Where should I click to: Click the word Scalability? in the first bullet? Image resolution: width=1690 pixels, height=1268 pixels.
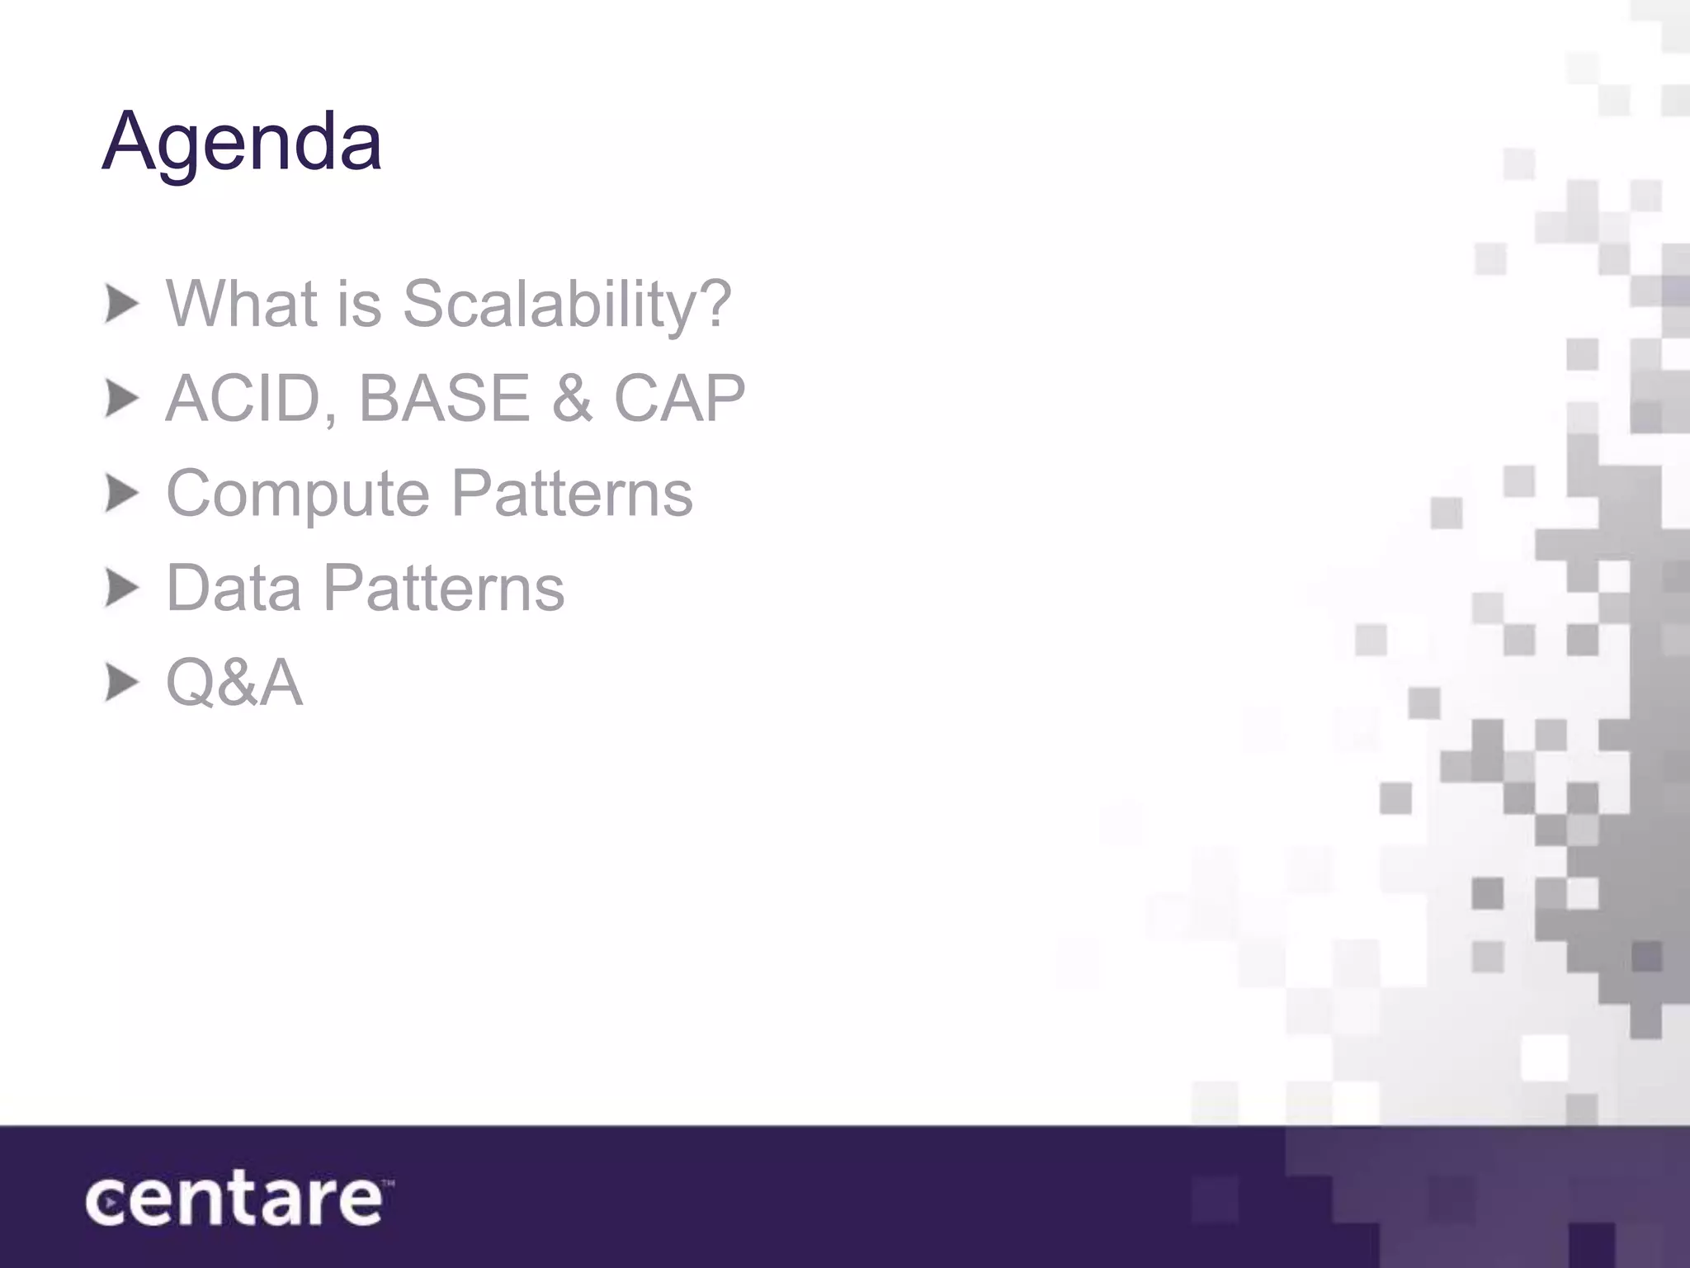(x=567, y=304)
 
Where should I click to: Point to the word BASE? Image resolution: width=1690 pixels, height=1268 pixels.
(x=444, y=399)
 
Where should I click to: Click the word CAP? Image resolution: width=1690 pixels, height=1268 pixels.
(x=679, y=399)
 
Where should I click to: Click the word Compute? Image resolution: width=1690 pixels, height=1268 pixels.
(x=298, y=494)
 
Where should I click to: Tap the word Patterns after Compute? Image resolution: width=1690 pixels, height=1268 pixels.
(x=572, y=493)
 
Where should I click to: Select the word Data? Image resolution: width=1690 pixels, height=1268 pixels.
(x=234, y=588)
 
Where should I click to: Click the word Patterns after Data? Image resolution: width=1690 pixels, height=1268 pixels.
(x=443, y=588)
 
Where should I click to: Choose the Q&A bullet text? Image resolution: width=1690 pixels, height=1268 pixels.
(x=234, y=684)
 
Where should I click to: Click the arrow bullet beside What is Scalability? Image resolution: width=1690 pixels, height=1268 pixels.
(x=122, y=305)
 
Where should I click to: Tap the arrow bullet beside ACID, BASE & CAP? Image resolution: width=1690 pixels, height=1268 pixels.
(x=122, y=400)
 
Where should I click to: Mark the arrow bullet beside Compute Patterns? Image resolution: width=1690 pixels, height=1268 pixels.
(x=122, y=494)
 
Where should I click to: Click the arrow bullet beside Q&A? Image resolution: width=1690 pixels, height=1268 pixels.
(x=122, y=684)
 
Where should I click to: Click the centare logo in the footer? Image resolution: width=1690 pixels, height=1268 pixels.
(x=233, y=1201)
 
